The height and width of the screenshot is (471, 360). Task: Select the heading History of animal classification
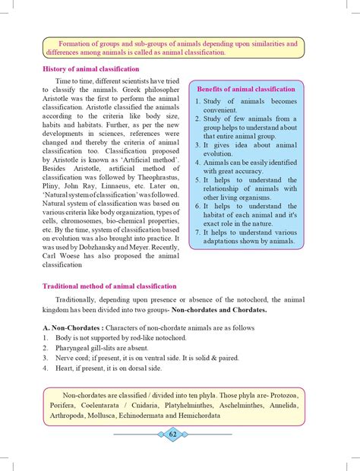91,68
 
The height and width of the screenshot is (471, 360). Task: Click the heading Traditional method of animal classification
109,286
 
